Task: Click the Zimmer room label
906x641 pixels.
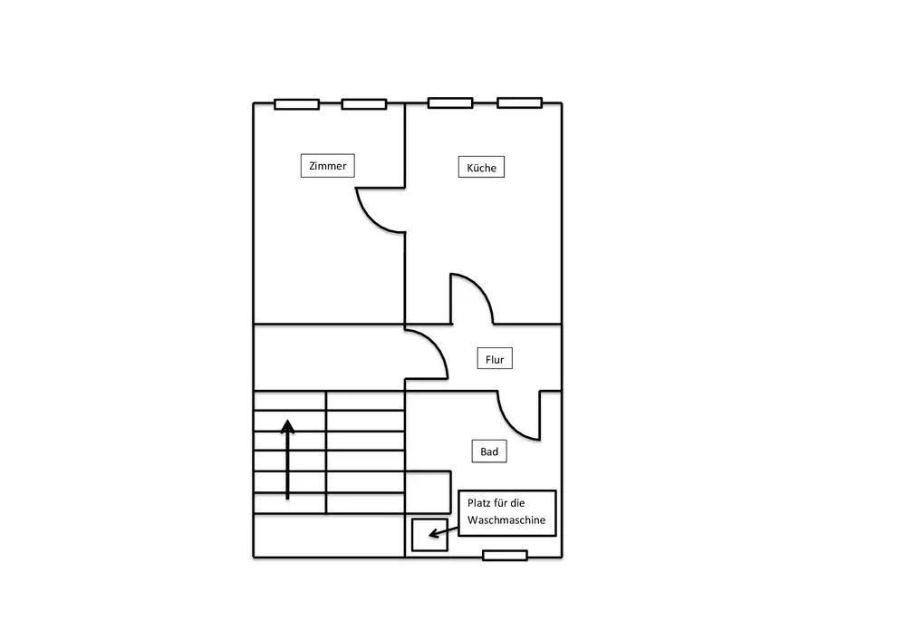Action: point(327,166)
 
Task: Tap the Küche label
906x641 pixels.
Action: point(481,168)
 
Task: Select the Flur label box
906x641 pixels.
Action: point(494,360)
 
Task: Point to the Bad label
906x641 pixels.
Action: point(489,452)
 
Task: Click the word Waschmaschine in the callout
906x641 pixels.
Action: point(506,520)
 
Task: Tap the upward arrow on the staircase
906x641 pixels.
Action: point(287,459)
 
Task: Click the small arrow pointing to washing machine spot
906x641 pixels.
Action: point(438,532)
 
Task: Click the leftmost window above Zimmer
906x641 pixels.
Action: point(296,104)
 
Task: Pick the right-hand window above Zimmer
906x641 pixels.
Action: point(364,104)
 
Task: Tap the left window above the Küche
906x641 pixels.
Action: point(450,102)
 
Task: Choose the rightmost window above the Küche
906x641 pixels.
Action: point(519,102)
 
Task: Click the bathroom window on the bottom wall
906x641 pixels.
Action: point(505,555)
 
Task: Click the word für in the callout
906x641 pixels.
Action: point(507,502)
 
